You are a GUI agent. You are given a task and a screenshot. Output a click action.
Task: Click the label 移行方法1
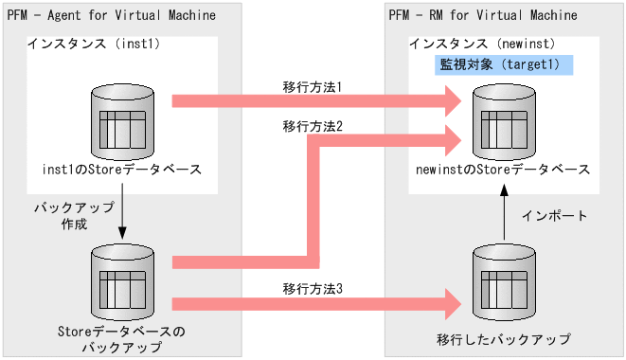pyautogui.click(x=312, y=86)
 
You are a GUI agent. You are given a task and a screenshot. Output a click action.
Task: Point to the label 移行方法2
pyautogui.click(x=312, y=125)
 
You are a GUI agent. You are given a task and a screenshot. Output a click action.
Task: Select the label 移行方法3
pyautogui.click(x=312, y=288)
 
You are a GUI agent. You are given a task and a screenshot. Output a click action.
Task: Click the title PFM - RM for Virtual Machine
pyautogui.click(x=483, y=16)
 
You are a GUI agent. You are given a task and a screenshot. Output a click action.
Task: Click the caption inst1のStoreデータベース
pyautogui.click(x=122, y=169)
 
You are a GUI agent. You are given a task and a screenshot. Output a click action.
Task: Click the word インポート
pyautogui.click(x=555, y=216)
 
